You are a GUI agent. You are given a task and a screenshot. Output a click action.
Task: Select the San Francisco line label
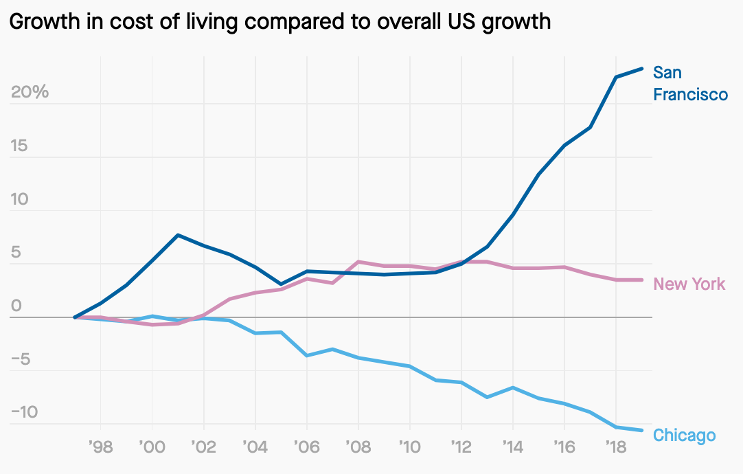689,83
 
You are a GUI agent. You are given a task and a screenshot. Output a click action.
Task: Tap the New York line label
689,284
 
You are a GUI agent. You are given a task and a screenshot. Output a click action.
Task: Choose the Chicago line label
684,436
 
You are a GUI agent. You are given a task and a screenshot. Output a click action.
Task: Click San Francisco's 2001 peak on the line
178,235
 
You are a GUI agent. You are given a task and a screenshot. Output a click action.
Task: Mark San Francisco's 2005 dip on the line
281,284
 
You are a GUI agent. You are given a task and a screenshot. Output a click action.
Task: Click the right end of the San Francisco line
641,69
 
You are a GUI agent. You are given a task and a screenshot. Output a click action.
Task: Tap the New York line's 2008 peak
358,262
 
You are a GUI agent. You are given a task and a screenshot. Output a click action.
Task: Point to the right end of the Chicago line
641,430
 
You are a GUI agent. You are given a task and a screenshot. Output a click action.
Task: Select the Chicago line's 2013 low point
487,397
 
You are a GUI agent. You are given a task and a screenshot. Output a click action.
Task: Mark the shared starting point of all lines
75,317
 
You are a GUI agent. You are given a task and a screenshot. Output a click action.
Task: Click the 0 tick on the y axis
15,306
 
